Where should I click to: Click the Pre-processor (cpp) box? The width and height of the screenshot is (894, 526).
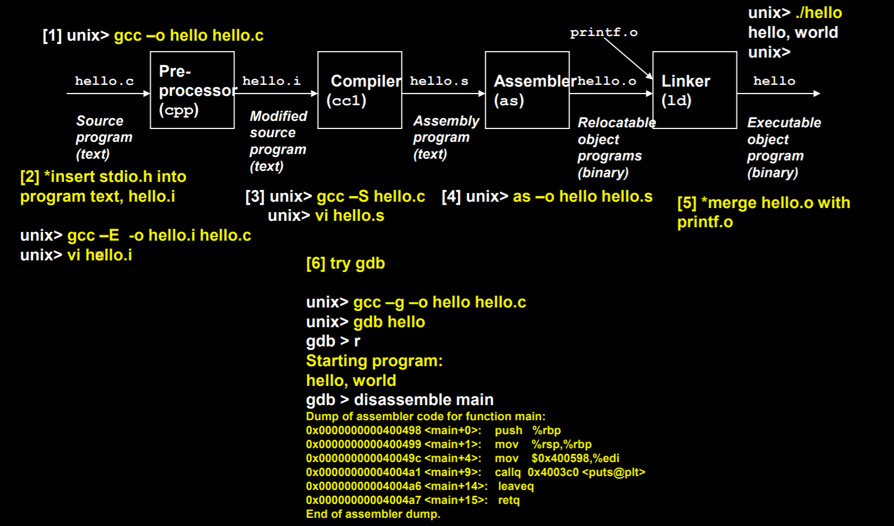click(x=192, y=90)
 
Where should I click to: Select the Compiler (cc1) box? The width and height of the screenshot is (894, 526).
click(x=359, y=90)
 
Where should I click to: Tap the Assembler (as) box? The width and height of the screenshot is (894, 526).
click(x=527, y=90)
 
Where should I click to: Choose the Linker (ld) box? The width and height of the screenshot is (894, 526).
click(x=694, y=90)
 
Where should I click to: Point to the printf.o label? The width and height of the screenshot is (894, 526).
click(x=603, y=33)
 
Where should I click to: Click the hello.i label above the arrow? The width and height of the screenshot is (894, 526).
click(x=271, y=81)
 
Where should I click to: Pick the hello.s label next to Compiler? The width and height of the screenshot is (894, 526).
click(x=439, y=81)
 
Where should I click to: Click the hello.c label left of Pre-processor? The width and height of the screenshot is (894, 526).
click(x=104, y=81)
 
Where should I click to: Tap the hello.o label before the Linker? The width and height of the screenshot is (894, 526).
click(x=607, y=81)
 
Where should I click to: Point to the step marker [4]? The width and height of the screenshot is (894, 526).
click(x=451, y=196)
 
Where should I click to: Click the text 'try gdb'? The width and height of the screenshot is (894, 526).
click(x=357, y=263)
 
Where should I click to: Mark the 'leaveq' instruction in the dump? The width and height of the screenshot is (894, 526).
click(x=516, y=486)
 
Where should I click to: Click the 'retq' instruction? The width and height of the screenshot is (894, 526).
click(x=509, y=500)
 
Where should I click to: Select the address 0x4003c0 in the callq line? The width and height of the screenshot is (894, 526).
click(x=553, y=472)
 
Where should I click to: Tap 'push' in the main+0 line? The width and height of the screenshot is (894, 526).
click(x=509, y=430)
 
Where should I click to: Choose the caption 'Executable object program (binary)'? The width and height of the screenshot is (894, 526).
click(x=783, y=148)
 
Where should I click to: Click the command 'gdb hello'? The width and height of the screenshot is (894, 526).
click(x=389, y=322)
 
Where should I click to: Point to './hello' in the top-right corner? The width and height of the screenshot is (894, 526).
click(x=818, y=13)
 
